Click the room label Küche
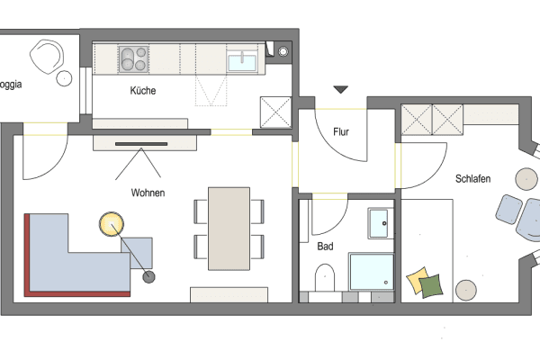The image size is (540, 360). [143, 91]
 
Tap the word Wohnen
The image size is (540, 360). [148, 192]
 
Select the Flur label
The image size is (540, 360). [341, 132]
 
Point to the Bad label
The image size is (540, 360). [326, 245]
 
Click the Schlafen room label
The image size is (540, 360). [472, 179]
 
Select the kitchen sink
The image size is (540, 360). [242, 61]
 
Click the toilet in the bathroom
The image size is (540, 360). [325, 277]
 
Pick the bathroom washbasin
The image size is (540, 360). [379, 221]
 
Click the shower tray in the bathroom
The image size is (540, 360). [371, 275]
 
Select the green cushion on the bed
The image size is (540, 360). [432, 285]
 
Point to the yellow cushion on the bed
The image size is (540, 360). [418, 280]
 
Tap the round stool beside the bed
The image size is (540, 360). [466, 290]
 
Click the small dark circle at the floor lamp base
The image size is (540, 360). [149, 275]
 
